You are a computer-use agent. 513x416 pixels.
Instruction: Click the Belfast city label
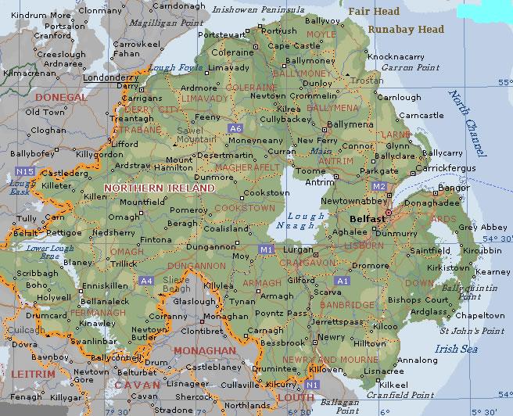pyautogui.click(x=367, y=219)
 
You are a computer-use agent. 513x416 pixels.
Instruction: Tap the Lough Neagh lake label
pyautogui.click(x=301, y=221)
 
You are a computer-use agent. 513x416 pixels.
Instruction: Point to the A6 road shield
pyautogui.click(x=235, y=127)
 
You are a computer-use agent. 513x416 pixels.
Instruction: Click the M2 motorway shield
pyautogui.click(x=379, y=186)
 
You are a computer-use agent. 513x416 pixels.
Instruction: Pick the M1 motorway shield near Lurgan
pyautogui.click(x=266, y=249)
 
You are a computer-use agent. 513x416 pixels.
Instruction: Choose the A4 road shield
pyautogui.click(x=146, y=280)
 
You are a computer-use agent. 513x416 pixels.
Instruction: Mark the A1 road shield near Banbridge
pyautogui.click(x=342, y=280)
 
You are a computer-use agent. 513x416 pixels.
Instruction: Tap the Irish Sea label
pyautogui.click(x=457, y=349)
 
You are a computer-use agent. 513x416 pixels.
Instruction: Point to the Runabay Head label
pyautogui.click(x=407, y=30)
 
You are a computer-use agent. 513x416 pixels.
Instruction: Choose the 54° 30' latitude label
pyautogui.click(x=496, y=238)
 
